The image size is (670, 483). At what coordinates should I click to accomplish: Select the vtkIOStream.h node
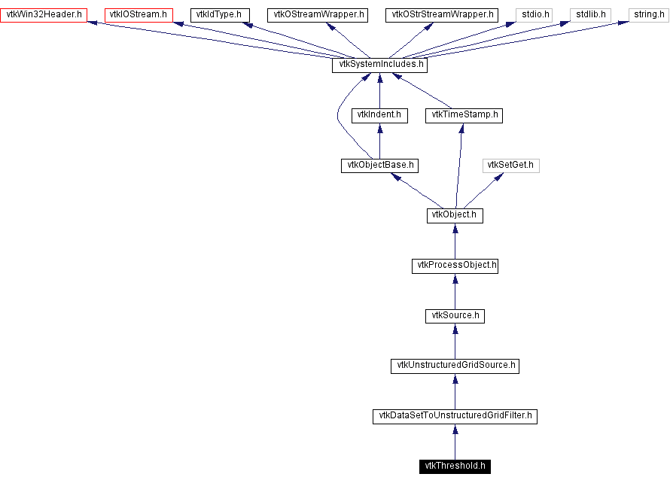(139, 14)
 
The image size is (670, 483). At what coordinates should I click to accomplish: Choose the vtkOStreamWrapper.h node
(317, 14)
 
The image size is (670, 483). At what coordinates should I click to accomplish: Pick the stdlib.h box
(589, 14)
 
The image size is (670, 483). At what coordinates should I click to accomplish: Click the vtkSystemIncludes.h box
(379, 65)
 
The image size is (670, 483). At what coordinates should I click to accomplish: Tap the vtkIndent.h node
(379, 115)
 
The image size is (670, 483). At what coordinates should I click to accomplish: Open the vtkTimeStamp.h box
(464, 115)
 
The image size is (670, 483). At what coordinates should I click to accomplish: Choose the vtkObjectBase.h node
(379, 165)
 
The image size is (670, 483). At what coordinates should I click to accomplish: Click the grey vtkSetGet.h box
(512, 165)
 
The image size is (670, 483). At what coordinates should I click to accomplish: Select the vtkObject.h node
(455, 215)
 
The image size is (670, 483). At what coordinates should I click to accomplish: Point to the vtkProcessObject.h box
(455, 266)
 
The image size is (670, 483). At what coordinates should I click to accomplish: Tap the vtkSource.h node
(455, 315)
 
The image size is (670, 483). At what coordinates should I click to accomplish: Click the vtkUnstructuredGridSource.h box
(455, 366)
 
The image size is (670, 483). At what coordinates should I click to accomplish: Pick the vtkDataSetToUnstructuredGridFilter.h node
(455, 415)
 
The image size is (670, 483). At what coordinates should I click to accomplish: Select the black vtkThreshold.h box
(455, 466)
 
